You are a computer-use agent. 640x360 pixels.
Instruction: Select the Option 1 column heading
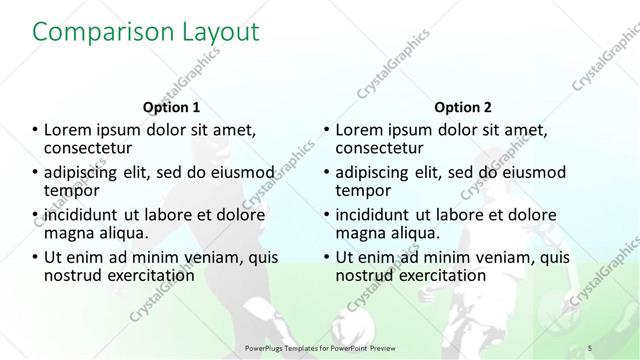tap(171, 107)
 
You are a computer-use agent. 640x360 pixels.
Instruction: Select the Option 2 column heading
tap(462, 107)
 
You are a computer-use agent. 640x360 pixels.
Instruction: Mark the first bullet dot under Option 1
tap(36, 130)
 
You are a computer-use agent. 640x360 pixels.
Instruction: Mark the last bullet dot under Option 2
tap(327, 258)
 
